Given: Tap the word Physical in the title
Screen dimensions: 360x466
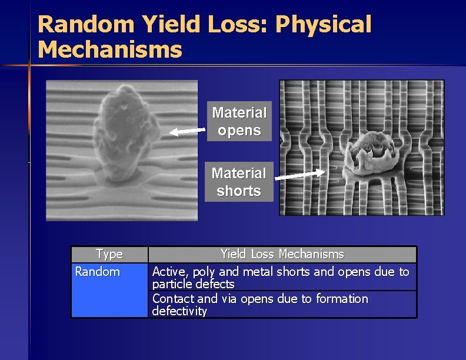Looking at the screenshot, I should (x=323, y=25).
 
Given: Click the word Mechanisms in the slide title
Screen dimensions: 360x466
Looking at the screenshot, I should (x=109, y=49).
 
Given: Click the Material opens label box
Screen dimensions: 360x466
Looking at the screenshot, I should (x=239, y=121).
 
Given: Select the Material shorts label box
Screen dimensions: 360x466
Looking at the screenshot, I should (x=239, y=182).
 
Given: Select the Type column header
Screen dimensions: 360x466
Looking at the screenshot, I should (x=109, y=254).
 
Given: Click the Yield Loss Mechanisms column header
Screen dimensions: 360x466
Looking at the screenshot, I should (x=282, y=254).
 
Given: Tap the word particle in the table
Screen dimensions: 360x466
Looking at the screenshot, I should (x=171, y=284).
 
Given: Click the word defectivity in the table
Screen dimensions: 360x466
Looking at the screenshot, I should (x=179, y=311).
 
